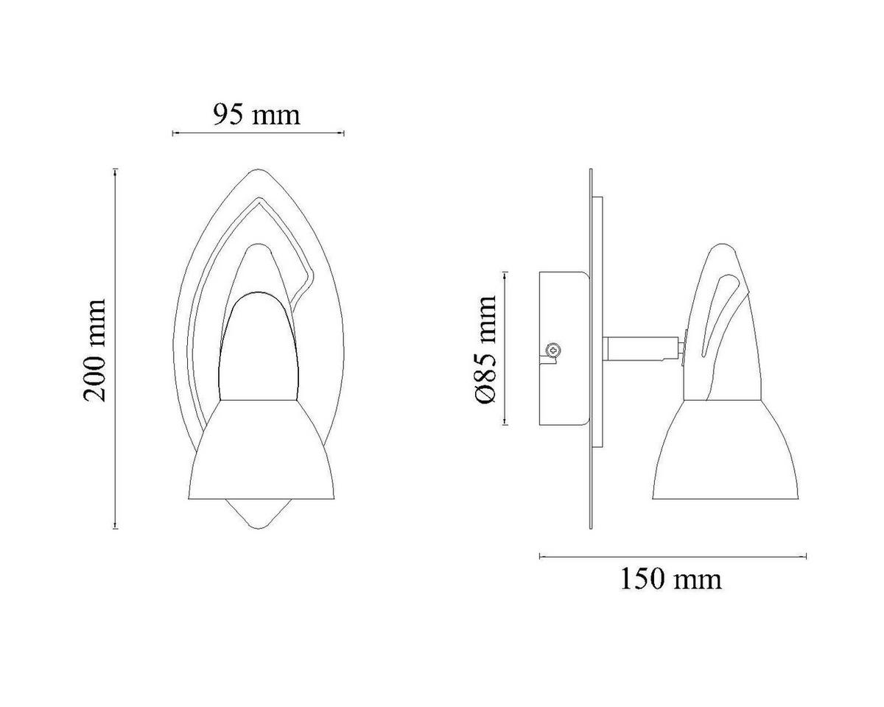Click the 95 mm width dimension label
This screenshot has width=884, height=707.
(257, 115)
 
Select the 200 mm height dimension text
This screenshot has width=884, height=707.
(94, 350)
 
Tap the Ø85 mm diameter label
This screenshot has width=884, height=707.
(485, 350)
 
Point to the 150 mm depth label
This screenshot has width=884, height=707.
(670, 580)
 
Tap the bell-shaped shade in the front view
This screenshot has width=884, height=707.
(261, 449)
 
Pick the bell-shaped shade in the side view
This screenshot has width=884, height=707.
(725, 449)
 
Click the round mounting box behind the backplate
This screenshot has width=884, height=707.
(564, 348)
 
